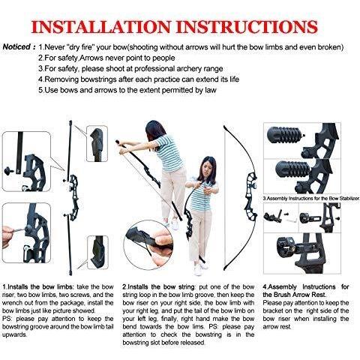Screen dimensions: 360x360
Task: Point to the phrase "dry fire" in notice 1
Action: [x=87, y=46]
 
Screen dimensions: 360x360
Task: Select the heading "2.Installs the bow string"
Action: [x=154, y=286]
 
